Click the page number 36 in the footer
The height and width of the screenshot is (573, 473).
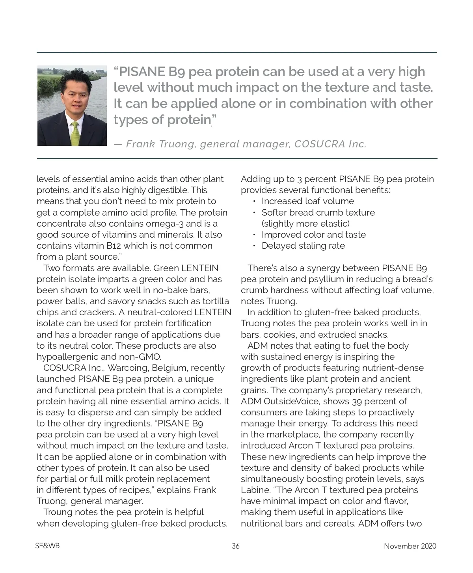[x=235, y=546]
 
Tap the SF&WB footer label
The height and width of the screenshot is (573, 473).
[x=47, y=546]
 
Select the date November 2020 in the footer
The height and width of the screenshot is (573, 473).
[x=410, y=546]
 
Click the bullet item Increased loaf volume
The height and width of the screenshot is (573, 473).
[x=307, y=201]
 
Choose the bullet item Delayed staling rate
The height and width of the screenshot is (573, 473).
[x=303, y=246]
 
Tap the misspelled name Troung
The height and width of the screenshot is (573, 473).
[x=58, y=512]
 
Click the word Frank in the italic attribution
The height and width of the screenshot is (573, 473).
[x=140, y=144]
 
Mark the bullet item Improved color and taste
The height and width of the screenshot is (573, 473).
[x=313, y=234]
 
